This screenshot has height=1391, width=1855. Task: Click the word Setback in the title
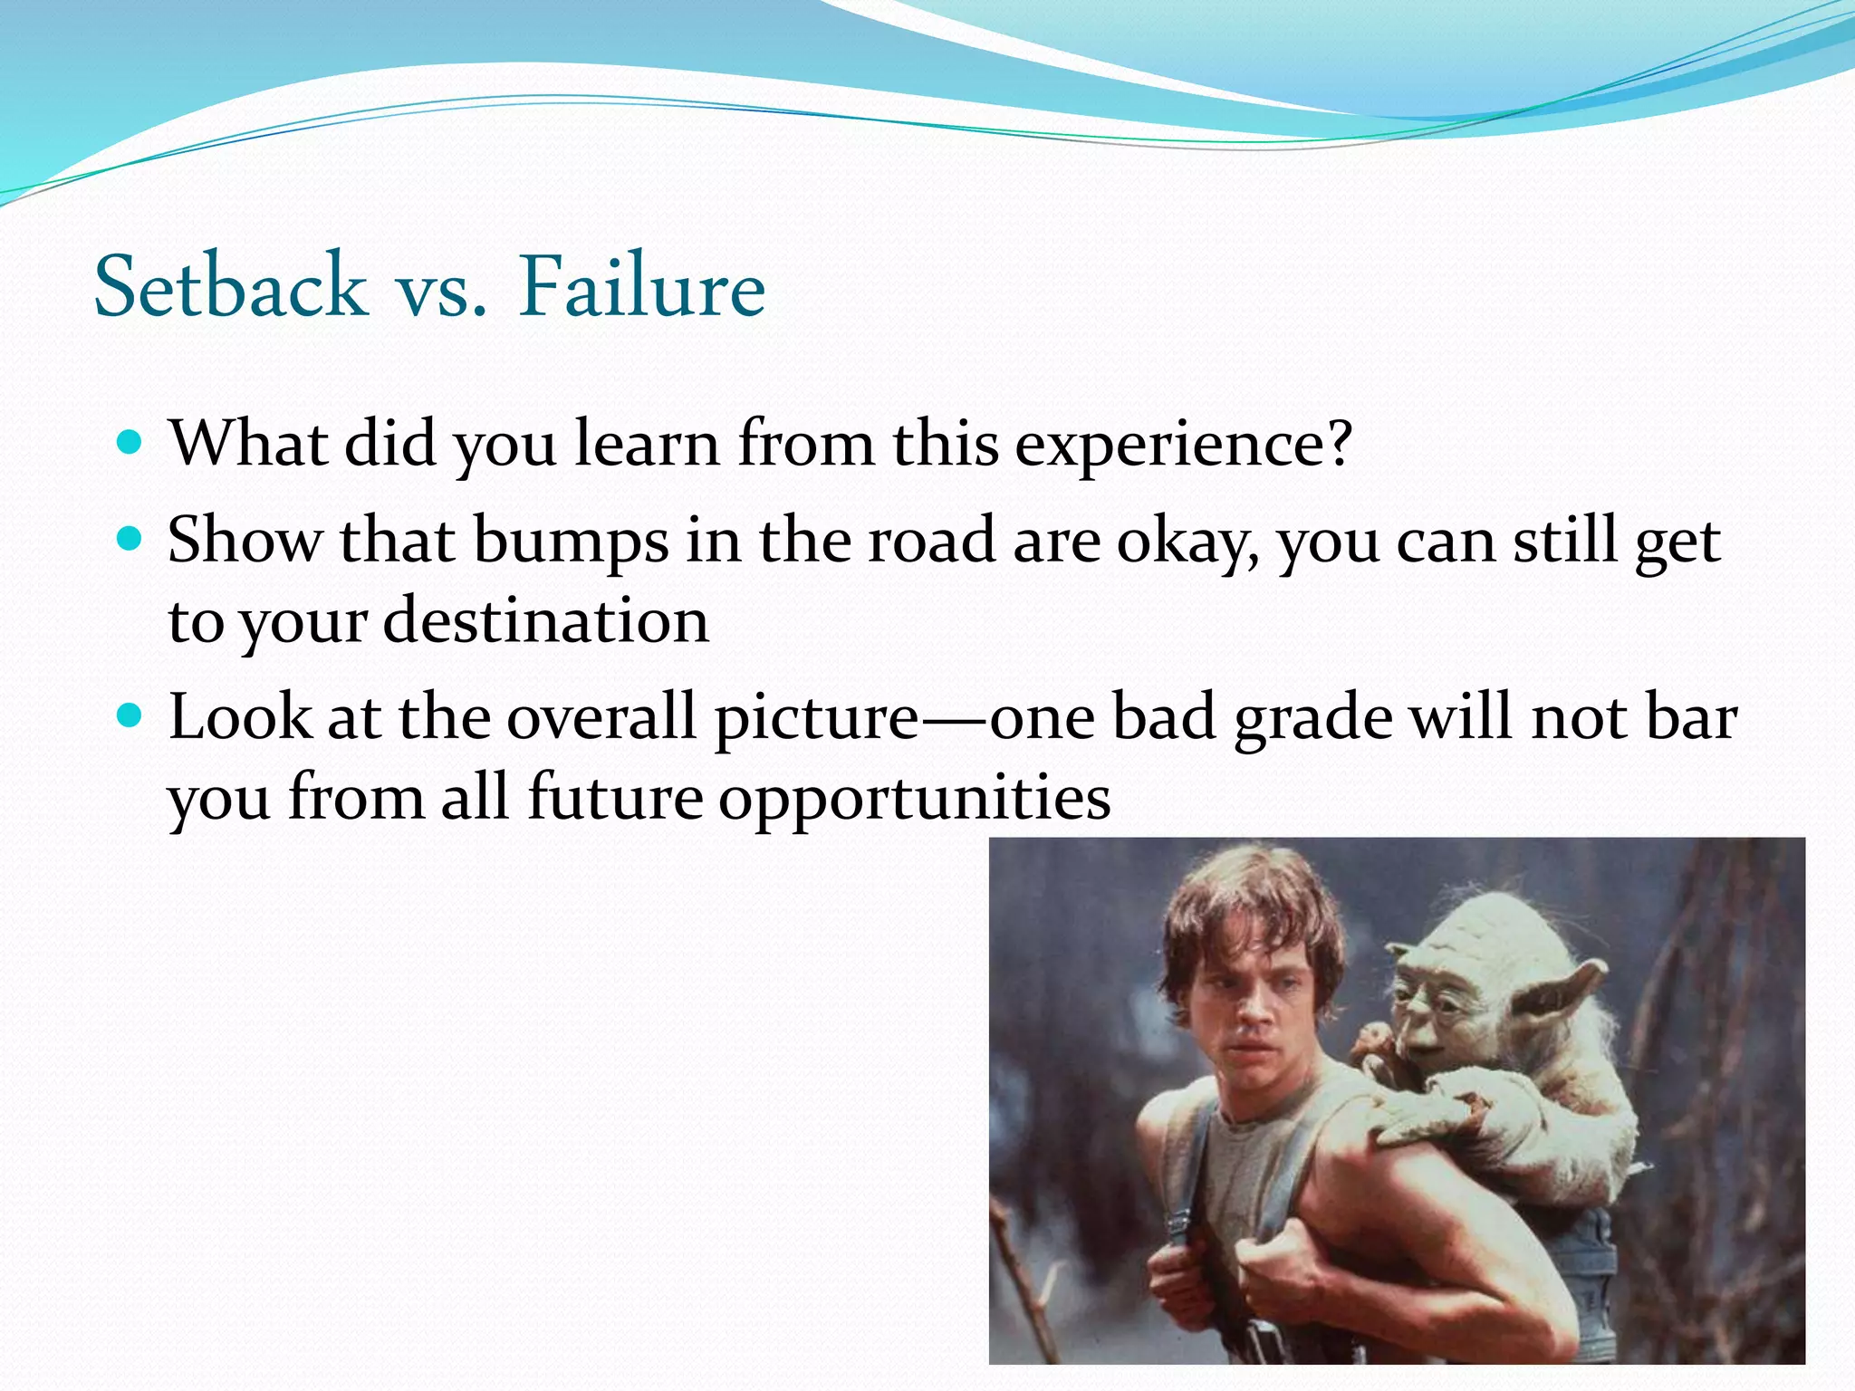pos(230,286)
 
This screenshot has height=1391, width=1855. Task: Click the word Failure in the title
pos(641,286)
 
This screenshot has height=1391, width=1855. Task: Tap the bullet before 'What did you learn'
pos(130,443)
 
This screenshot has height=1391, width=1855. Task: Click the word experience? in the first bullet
pos(1182,446)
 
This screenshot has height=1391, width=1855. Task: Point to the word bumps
pos(571,542)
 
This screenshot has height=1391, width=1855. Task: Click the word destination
pos(546,621)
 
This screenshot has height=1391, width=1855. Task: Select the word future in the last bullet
pos(615,799)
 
